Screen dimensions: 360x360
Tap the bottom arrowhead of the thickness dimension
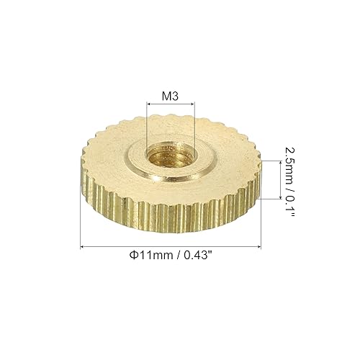279,196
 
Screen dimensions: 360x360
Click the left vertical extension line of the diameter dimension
79,216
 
